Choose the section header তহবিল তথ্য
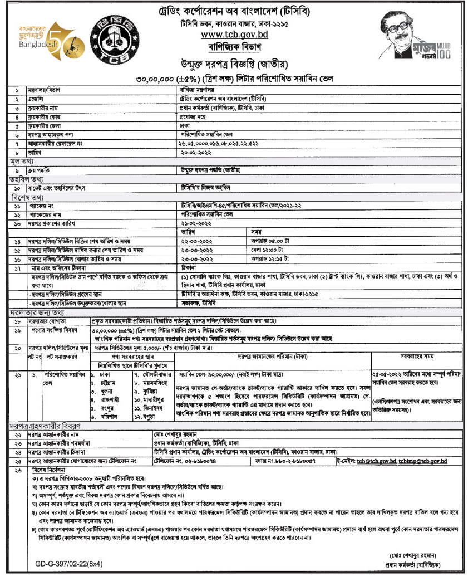point(22,179)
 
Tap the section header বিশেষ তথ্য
point(23,198)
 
